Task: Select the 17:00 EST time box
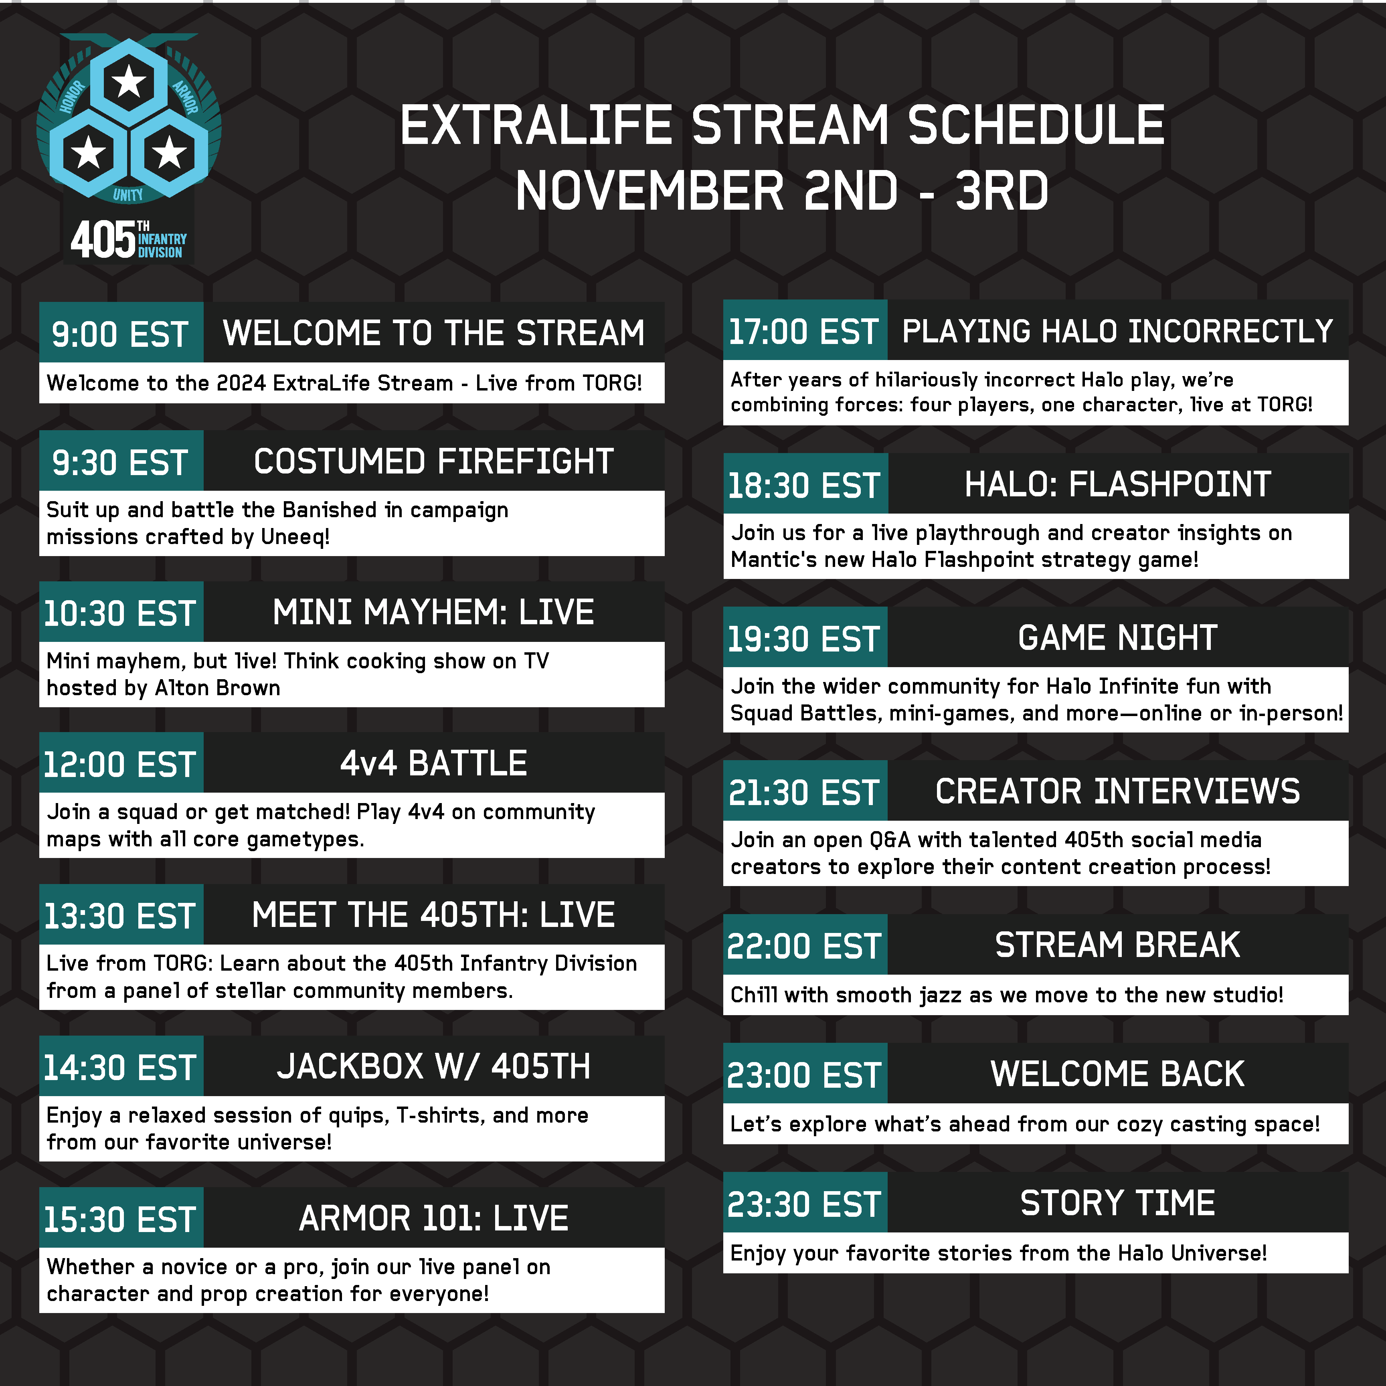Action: pyautogui.click(x=805, y=330)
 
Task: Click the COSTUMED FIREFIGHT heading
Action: pyautogui.click(x=433, y=461)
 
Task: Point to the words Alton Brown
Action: pyautogui.click(x=217, y=688)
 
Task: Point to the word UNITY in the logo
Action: pyautogui.click(x=128, y=194)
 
